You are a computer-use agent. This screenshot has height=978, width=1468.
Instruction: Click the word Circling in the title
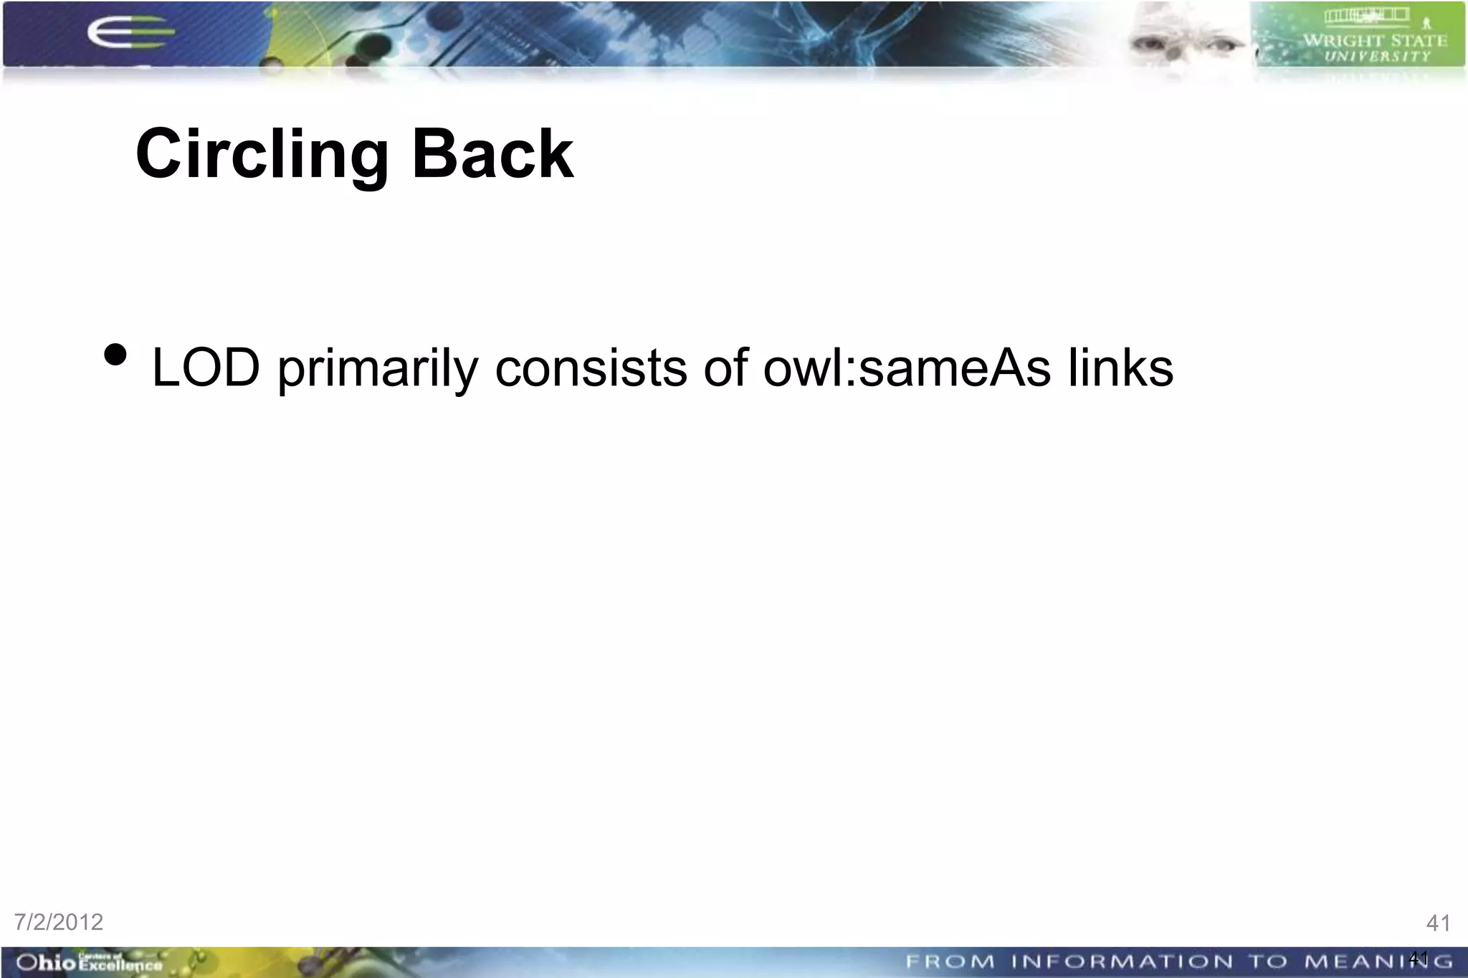[262, 154]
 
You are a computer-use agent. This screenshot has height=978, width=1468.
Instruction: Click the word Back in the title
[492, 154]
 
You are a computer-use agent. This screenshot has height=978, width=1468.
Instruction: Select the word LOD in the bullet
[206, 368]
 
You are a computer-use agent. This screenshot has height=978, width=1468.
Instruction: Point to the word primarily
[377, 368]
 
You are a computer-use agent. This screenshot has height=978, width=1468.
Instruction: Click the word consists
[591, 368]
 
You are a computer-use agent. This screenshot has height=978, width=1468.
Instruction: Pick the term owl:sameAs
[907, 368]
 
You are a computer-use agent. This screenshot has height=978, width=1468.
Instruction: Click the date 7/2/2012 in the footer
[59, 922]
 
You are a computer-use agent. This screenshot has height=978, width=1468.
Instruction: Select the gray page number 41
[1438, 923]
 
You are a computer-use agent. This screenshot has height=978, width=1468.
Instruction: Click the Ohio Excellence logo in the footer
[89, 962]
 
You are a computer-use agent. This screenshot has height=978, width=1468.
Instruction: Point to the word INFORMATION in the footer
[1123, 962]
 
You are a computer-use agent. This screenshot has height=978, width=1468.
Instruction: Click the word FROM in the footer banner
[950, 962]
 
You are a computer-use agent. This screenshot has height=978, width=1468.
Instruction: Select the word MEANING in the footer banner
[1378, 962]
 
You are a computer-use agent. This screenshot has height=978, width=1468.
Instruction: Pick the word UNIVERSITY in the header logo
[1376, 57]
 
